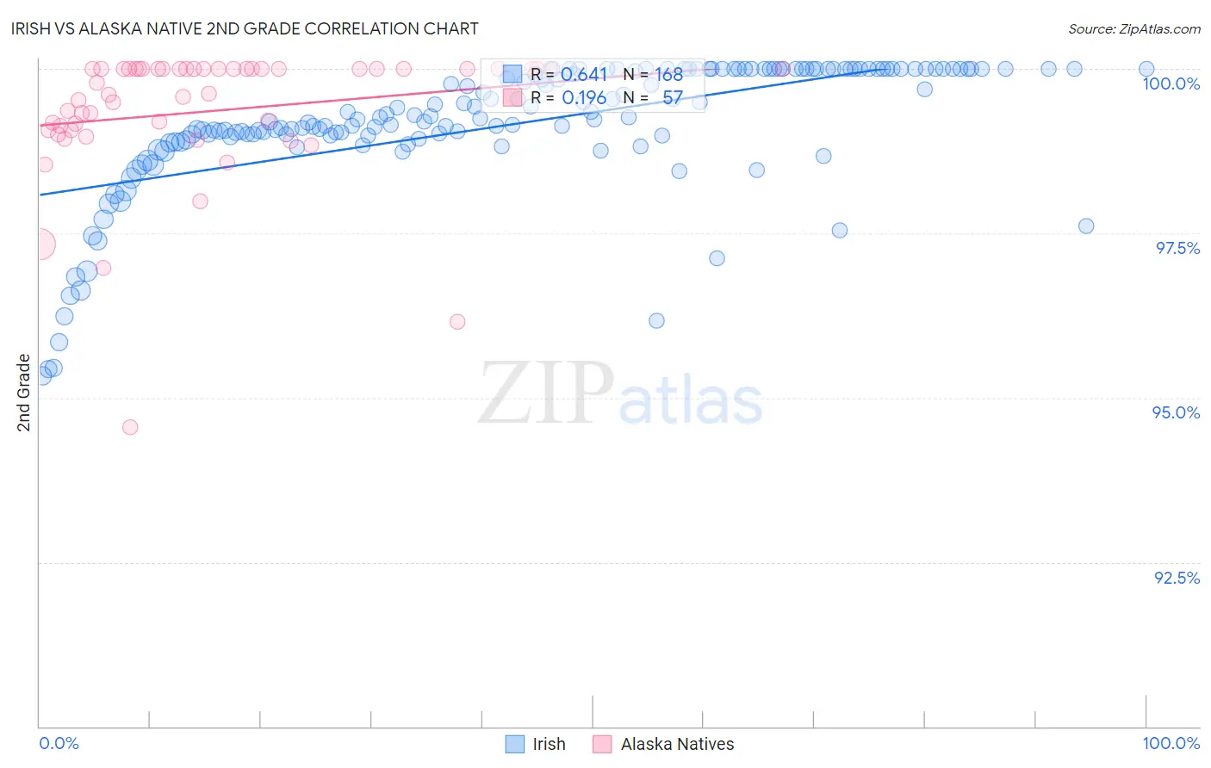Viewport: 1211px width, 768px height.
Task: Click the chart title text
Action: coord(246,28)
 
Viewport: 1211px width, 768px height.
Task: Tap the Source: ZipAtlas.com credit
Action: coord(1133,28)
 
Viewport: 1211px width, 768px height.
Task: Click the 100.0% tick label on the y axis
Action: coord(1171,84)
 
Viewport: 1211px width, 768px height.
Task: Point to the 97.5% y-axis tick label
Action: coord(1177,248)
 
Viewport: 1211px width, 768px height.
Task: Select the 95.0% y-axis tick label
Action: coord(1176,412)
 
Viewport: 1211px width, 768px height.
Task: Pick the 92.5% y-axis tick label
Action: coord(1177,578)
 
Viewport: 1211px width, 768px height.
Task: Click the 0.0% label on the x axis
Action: coord(59,743)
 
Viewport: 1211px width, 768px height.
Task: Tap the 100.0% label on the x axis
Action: coord(1171,743)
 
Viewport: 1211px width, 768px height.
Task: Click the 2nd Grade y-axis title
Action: coord(24,393)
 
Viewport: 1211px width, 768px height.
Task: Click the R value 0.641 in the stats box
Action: coord(584,75)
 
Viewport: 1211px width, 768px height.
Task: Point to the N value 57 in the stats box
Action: coord(672,98)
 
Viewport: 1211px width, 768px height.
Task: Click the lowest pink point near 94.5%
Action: coord(130,427)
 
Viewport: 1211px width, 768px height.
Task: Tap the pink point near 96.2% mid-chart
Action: coord(457,321)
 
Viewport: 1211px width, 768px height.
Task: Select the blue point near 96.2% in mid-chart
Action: coord(656,320)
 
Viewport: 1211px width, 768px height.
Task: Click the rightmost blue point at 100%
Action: coord(1146,69)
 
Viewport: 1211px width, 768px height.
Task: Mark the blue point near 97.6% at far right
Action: coord(1086,226)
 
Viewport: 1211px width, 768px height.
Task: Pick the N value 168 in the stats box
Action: coord(668,75)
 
